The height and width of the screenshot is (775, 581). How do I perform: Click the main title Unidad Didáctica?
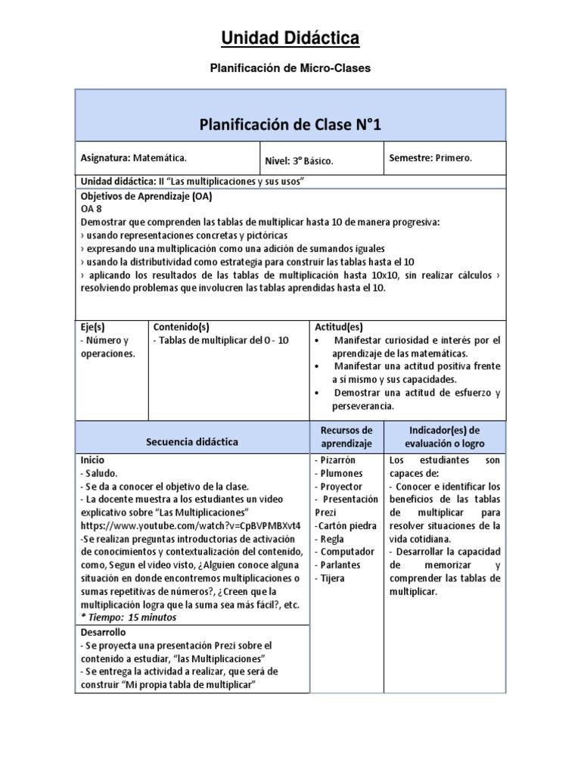pyautogui.click(x=290, y=38)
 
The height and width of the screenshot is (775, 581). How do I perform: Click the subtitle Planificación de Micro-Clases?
pyautogui.click(x=290, y=68)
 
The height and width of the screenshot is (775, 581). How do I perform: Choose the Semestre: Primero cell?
pyautogui.click(x=430, y=158)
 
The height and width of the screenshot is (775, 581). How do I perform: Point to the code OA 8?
pyautogui.click(x=91, y=209)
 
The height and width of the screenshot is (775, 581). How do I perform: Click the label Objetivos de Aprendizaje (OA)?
pyautogui.click(x=146, y=196)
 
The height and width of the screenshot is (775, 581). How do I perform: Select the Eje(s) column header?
pyautogui.click(x=93, y=327)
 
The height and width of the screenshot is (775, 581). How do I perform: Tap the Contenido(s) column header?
pyautogui.click(x=181, y=327)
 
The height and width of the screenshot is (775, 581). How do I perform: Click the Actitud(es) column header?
pyautogui.click(x=339, y=327)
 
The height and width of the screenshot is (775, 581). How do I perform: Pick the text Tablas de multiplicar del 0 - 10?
pyautogui.click(x=221, y=341)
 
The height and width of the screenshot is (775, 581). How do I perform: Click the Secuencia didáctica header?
pyautogui.click(x=192, y=441)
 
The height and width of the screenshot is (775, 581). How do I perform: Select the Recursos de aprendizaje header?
pyautogui.click(x=346, y=437)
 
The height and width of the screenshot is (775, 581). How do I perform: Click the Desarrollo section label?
pyautogui.click(x=104, y=632)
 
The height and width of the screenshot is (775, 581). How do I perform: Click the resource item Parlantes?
pyautogui.click(x=339, y=565)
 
